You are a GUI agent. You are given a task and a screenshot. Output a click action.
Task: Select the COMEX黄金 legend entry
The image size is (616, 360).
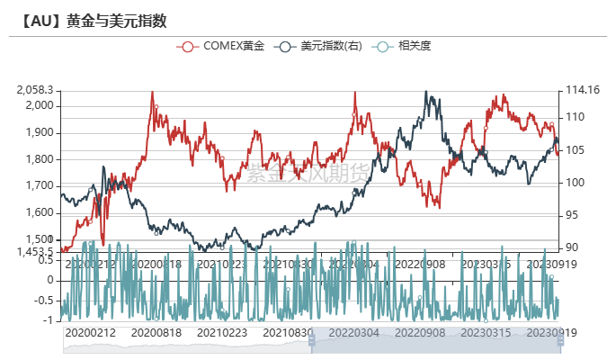coord(222,46)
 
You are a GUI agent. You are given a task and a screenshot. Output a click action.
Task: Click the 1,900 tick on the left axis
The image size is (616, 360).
coord(40,132)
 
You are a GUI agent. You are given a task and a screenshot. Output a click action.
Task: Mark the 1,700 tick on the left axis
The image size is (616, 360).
coord(40,186)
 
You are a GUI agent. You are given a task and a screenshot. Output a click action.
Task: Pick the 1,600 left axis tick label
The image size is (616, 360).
coord(40,213)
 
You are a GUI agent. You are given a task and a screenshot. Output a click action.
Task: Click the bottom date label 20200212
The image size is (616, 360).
coord(90,332)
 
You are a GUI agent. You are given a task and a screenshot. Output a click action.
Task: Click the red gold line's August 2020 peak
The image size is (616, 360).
coord(152,93)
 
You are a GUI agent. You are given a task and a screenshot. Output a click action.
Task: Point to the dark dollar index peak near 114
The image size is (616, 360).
coord(425,92)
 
